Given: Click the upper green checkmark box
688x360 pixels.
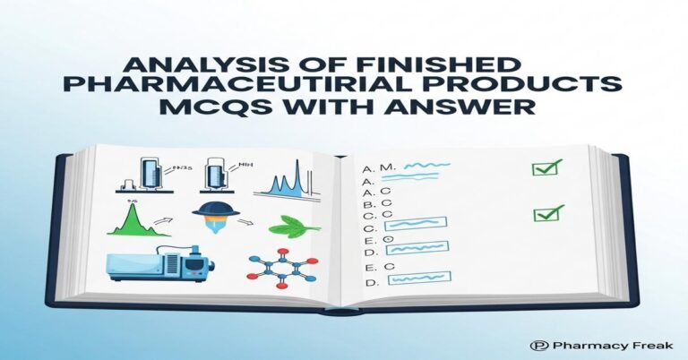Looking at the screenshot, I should click(546, 167).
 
